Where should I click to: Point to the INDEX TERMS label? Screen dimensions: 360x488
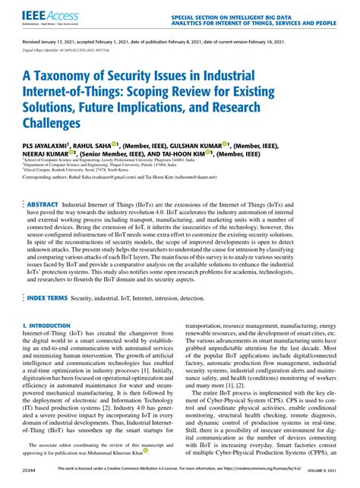tap(49, 300)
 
